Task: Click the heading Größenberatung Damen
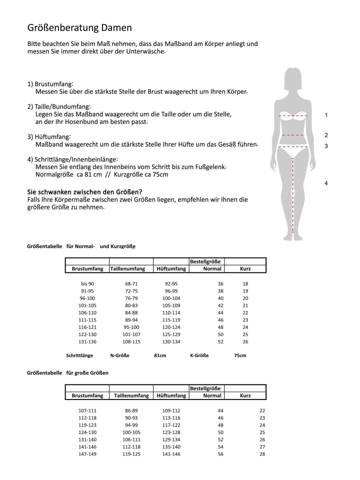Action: click(79, 28)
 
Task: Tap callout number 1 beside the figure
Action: click(326, 115)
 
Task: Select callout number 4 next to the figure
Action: click(326, 183)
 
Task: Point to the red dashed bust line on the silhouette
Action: click(292, 116)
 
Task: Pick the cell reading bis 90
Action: click(87, 283)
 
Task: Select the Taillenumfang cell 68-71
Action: click(131, 283)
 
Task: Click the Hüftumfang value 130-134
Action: click(171, 341)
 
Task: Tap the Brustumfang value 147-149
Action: click(87, 454)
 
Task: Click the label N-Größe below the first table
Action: click(119, 355)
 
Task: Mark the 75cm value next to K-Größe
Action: click(240, 355)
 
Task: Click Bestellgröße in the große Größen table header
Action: click(205, 388)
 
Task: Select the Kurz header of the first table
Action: click(245, 268)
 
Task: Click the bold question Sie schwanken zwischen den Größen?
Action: click(84, 192)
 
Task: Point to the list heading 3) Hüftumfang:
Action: click(49, 136)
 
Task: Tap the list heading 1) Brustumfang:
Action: click(50, 84)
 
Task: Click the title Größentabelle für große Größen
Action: click(67, 373)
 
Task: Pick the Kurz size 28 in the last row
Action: click(262, 454)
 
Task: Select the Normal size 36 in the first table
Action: click(220, 283)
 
